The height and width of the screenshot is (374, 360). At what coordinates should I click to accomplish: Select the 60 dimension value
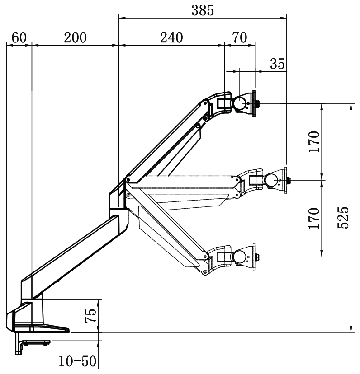(19, 38)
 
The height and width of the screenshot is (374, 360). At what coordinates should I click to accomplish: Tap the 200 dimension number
(75, 38)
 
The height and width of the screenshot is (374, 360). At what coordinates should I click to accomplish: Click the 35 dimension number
(277, 64)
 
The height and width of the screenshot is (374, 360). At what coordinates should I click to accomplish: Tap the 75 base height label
(90, 316)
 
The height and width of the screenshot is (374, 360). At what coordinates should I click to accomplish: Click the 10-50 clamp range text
(77, 361)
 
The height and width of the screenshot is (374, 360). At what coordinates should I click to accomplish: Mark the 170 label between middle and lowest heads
(315, 218)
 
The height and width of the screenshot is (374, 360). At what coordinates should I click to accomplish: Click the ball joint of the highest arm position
(239, 103)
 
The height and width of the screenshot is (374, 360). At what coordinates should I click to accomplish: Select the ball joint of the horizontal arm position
(273, 180)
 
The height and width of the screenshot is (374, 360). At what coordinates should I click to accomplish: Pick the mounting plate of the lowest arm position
(254, 257)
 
